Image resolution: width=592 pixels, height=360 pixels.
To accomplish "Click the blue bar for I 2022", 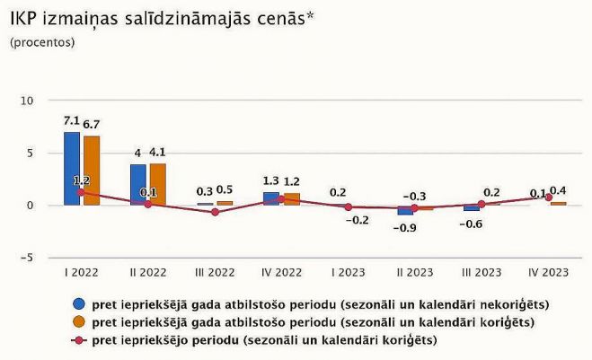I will tap(72, 169).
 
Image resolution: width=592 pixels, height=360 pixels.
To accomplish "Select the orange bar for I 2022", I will tap(91, 171).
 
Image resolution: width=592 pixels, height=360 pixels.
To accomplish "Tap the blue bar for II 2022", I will tap(137, 184).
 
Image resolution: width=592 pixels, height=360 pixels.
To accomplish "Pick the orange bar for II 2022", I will tap(157, 184).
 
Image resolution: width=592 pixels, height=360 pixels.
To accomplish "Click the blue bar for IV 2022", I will tap(271, 198).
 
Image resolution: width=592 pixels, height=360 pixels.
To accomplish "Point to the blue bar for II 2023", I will tap(405, 210).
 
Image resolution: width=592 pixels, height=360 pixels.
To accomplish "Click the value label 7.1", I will tap(72, 120).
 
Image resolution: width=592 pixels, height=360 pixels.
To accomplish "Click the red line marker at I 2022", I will tap(81, 192).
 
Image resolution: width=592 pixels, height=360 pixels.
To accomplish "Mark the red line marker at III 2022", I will tap(215, 212).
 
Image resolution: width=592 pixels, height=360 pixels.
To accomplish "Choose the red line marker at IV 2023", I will tap(549, 198).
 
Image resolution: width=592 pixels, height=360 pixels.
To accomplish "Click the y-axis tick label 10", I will tap(26, 101).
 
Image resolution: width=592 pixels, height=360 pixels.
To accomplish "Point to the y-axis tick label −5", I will tap(26, 258).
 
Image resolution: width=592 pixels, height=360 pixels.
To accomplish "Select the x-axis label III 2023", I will tap(482, 270).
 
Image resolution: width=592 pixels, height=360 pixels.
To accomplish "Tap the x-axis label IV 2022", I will tap(281, 270).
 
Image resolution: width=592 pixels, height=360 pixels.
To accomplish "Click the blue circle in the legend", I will tap(79, 303).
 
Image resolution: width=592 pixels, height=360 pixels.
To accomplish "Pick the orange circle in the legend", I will tap(79, 321).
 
